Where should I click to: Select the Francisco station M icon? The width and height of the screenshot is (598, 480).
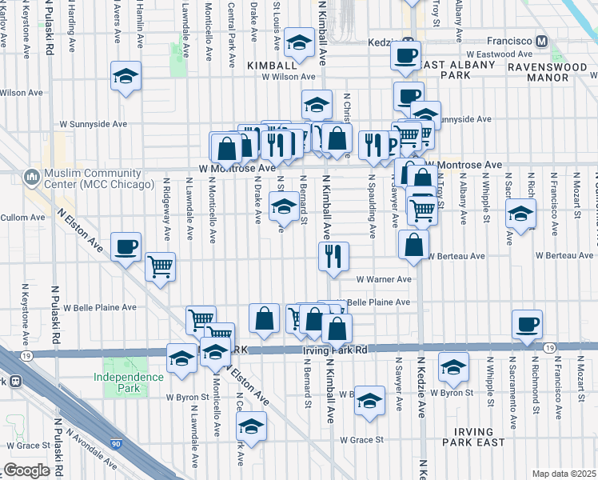(542, 41)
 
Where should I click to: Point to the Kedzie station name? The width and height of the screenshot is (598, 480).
(385, 42)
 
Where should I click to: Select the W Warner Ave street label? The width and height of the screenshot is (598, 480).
(384, 280)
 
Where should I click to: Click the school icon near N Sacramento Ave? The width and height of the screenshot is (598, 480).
(520, 214)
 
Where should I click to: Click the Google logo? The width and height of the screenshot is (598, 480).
(26, 470)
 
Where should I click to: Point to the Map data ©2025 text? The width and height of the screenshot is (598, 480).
(564, 474)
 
